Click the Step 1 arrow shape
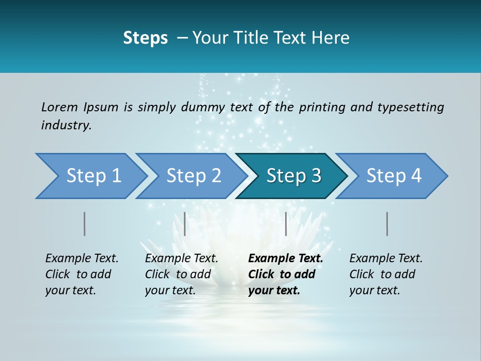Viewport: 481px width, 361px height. coord(90,176)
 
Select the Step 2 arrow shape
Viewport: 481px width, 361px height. coord(193,176)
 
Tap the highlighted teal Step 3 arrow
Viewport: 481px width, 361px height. coord(293,176)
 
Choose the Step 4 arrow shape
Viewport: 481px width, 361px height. coord(393,176)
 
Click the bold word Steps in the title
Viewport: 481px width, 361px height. coord(145,38)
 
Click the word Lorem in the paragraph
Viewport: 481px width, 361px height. coord(60,107)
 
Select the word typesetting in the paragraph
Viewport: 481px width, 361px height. coord(410,107)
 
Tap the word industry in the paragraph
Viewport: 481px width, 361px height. coord(66,125)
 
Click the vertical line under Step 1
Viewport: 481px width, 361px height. coord(85,224)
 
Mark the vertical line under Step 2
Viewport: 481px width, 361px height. coord(185,224)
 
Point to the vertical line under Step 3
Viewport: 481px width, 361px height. coord(286,224)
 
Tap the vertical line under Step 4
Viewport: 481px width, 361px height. coord(387,224)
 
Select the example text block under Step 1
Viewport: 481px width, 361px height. coord(82,274)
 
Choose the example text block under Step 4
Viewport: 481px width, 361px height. coord(386,274)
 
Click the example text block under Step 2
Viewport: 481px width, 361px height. coord(181,274)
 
